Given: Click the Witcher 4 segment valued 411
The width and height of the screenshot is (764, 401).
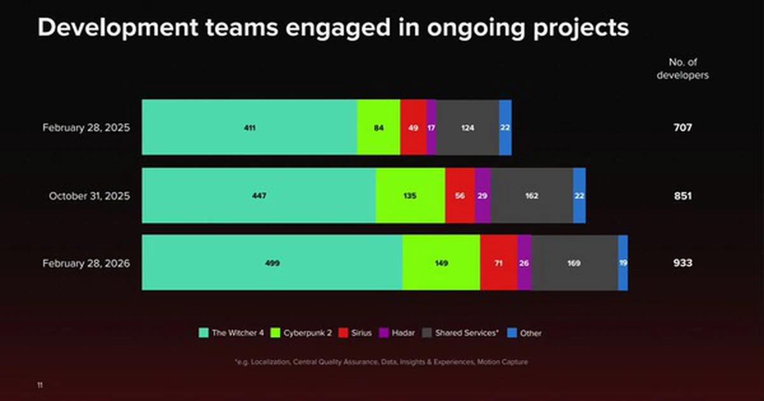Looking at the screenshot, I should coord(249,127).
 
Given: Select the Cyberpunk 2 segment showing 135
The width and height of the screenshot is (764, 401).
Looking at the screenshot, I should coord(410,195).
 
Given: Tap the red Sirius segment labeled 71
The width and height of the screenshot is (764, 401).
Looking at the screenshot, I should coord(499,263).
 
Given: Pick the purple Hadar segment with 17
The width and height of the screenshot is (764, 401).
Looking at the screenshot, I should coord(431,127).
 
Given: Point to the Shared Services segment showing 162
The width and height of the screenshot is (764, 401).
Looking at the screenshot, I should coord(532,195).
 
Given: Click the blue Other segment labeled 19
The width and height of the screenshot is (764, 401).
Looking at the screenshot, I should coord(623,263).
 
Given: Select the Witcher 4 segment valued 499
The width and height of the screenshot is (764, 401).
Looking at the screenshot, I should coord(272,263).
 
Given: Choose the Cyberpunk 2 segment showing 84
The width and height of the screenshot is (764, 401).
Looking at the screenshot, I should coord(378,127).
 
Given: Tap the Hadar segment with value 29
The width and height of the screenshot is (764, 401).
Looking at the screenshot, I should coord(483,195).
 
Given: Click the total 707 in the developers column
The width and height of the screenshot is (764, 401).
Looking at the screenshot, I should coord(683,127).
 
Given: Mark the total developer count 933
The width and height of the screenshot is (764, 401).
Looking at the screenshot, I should coord(683,263).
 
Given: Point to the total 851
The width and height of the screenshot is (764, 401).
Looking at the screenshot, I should coord(683,195).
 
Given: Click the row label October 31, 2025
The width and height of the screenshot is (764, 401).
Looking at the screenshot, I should coord(89,195).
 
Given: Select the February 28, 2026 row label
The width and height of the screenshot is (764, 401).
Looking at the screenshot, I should coord(86,263).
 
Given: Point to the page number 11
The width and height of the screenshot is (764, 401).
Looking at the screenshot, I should coord(41,385).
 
